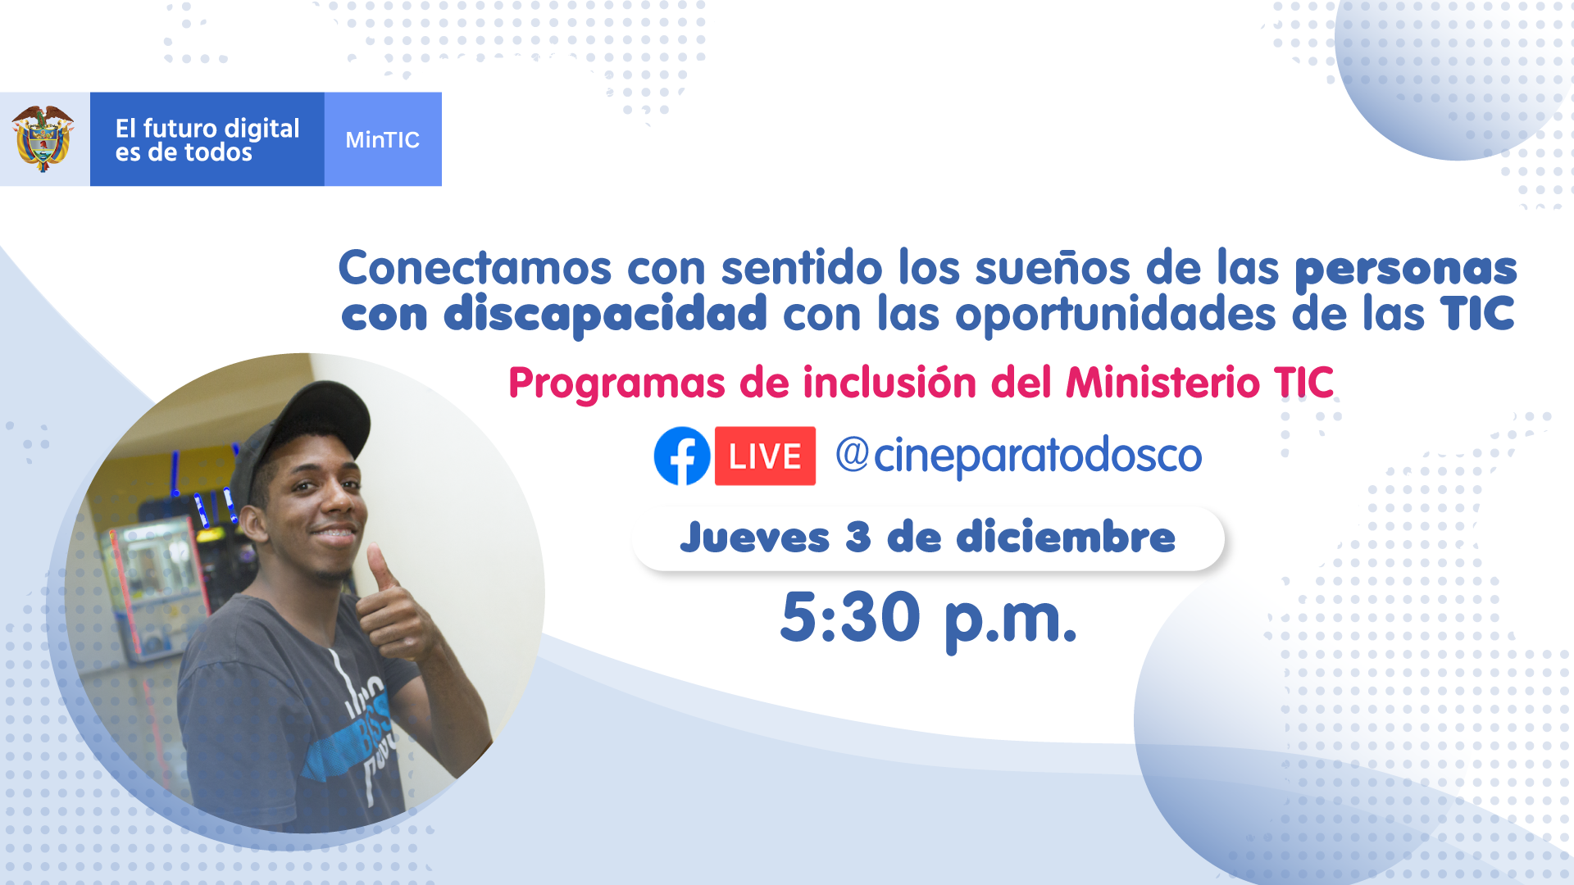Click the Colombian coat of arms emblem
click(x=43, y=138)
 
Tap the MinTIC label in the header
click(x=382, y=140)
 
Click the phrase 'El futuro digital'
click(x=207, y=129)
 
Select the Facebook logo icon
click(x=682, y=456)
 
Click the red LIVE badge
click(x=765, y=456)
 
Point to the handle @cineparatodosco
click(x=1019, y=456)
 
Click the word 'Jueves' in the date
click(x=755, y=538)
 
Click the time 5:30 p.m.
click(x=928, y=619)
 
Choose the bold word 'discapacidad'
click(x=605, y=314)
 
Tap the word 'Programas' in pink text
click(x=617, y=383)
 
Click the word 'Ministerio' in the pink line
click(x=1162, y=382)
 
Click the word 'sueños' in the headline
click(x=1053, y=268)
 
